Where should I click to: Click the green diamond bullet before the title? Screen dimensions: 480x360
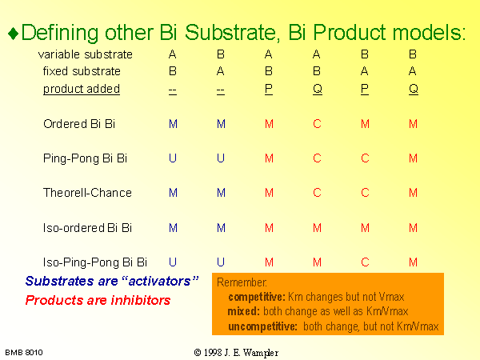(14, 34)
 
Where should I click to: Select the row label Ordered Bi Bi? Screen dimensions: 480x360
(79, 124)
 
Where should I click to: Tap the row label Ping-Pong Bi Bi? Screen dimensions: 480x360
(85, 158)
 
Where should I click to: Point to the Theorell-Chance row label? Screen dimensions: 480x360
(87, 193)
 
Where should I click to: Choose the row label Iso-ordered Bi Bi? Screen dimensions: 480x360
(87, 228)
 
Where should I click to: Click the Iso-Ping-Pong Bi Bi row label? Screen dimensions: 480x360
(95, 262)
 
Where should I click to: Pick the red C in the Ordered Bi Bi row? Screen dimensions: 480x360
(317, 124)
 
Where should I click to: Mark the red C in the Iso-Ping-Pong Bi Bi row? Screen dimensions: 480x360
(365, 262)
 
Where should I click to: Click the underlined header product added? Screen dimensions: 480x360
(82, 89)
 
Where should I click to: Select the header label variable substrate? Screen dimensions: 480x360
(86, 54)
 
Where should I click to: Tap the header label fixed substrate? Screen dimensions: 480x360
(82, 71)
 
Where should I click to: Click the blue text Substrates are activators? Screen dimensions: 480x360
(112, 281)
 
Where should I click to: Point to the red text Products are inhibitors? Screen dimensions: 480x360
(98, 300)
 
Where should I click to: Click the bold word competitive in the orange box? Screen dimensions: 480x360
(257, 297)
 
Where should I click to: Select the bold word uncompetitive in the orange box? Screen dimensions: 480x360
(262, 326)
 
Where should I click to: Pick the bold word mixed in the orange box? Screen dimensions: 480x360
(244, 311)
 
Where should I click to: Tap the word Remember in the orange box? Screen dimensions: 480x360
(242, 282)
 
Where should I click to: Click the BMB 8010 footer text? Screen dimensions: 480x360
(24, 353)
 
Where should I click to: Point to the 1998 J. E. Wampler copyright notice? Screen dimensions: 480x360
(236, 353)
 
